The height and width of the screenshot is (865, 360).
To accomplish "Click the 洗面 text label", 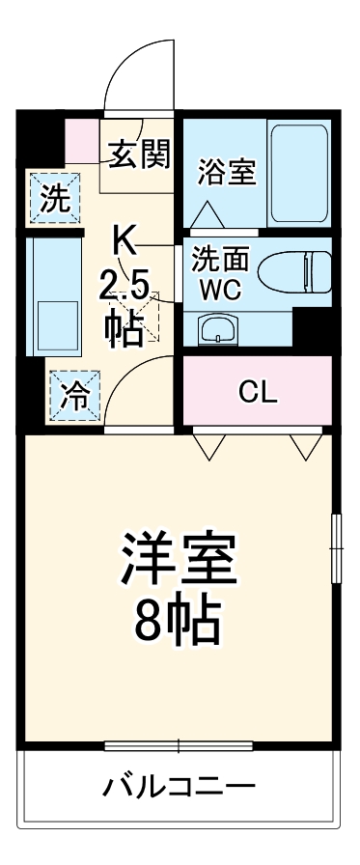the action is [x=221, y=259].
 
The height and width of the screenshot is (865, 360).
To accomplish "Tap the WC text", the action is [x=221, y=289].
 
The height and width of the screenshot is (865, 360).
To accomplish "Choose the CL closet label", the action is [x=258, y=392].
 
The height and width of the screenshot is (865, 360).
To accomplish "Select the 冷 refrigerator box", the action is [x=72, y=397].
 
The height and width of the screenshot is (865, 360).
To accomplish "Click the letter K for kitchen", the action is [x=125, y=238].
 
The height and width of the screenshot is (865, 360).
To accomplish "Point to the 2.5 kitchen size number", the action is [x=125, y=285].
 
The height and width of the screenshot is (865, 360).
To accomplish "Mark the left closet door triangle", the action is [x=208, y=445].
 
